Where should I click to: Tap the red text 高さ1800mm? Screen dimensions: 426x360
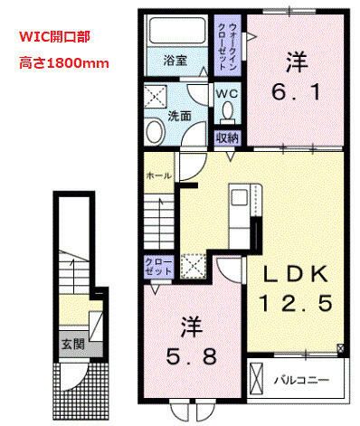pos(60,63)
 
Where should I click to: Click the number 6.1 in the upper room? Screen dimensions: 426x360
pos(293,79)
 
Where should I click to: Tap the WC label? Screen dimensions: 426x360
pos(226,93)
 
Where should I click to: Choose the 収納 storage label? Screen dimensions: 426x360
pos(226,137)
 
